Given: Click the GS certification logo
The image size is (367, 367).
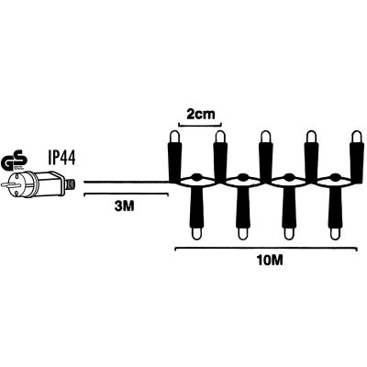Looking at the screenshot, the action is point(14,159).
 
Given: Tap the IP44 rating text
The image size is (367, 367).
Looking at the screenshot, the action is point(61,158).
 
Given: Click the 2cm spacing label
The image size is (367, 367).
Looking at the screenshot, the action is point(201,114).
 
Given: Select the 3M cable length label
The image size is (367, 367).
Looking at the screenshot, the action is point(124,206).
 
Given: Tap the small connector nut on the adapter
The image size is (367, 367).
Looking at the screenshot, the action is point(71,184).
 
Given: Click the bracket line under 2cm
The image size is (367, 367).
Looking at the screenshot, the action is point(200,124).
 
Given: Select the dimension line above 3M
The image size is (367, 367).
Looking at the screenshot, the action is point(126,194).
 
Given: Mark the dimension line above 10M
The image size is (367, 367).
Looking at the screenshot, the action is point(266,249).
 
